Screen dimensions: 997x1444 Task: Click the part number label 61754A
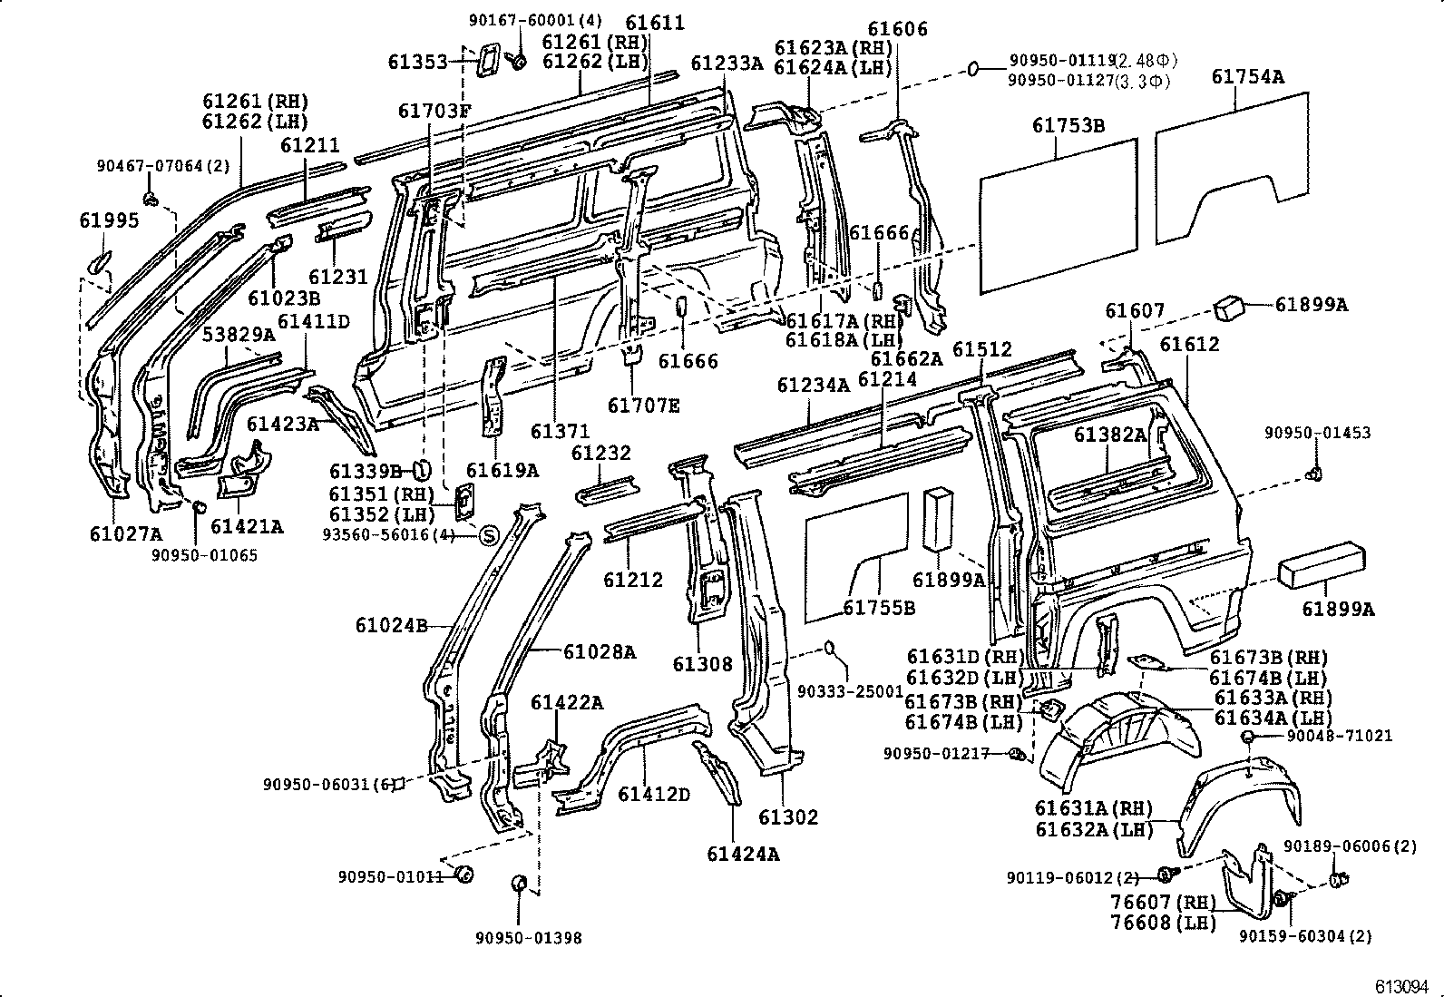coord(1247,77)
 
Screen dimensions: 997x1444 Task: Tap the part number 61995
coord(109,220)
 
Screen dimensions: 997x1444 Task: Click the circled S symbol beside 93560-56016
coord(487,535)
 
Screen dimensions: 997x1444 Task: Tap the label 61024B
coord(391,625)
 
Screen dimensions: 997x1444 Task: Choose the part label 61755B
coord(879,607)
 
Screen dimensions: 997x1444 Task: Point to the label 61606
coord(897,29)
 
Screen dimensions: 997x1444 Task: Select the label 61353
coord(418,62)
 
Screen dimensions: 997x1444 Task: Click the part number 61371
coord(560,432)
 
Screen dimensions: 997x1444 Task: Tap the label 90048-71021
coord(1331,736)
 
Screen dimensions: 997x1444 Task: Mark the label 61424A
coord(743,854)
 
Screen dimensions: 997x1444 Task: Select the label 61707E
coord(643,405)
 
